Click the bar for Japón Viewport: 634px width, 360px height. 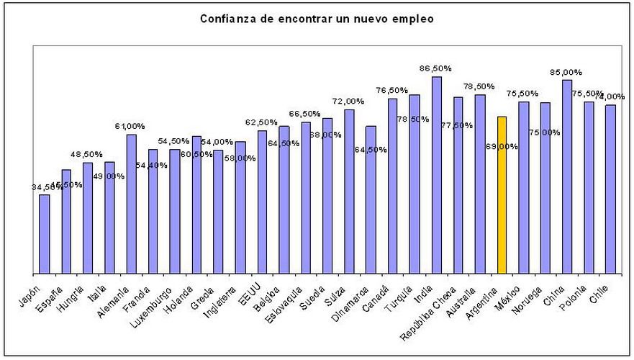(x=45, y=234)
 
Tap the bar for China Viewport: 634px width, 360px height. (x=567, y=176)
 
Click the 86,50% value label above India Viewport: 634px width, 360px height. (x=436, y=68)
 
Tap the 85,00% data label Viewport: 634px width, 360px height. (x=566, y=72)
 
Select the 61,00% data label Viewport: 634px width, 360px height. (x=130, y=126)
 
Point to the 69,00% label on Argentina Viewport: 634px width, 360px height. (x=502, y=146)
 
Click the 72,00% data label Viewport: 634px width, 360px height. (x=349, y=102)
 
